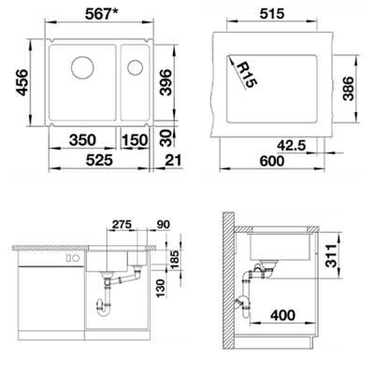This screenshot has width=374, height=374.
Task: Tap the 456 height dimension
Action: pos(22,82)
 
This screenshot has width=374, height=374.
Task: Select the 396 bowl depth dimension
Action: pos(165,82)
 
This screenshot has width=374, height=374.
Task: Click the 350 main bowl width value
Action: pos(82,140)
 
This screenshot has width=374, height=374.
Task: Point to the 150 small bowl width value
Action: pos(135,140)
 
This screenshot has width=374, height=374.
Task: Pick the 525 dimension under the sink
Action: pos(99,160)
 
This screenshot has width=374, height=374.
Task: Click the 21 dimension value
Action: pos(173,160)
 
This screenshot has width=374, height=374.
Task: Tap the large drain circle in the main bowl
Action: pos(82,67)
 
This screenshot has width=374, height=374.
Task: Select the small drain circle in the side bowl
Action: pos(135,67)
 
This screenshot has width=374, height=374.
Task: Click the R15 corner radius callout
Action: pos(247,75)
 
